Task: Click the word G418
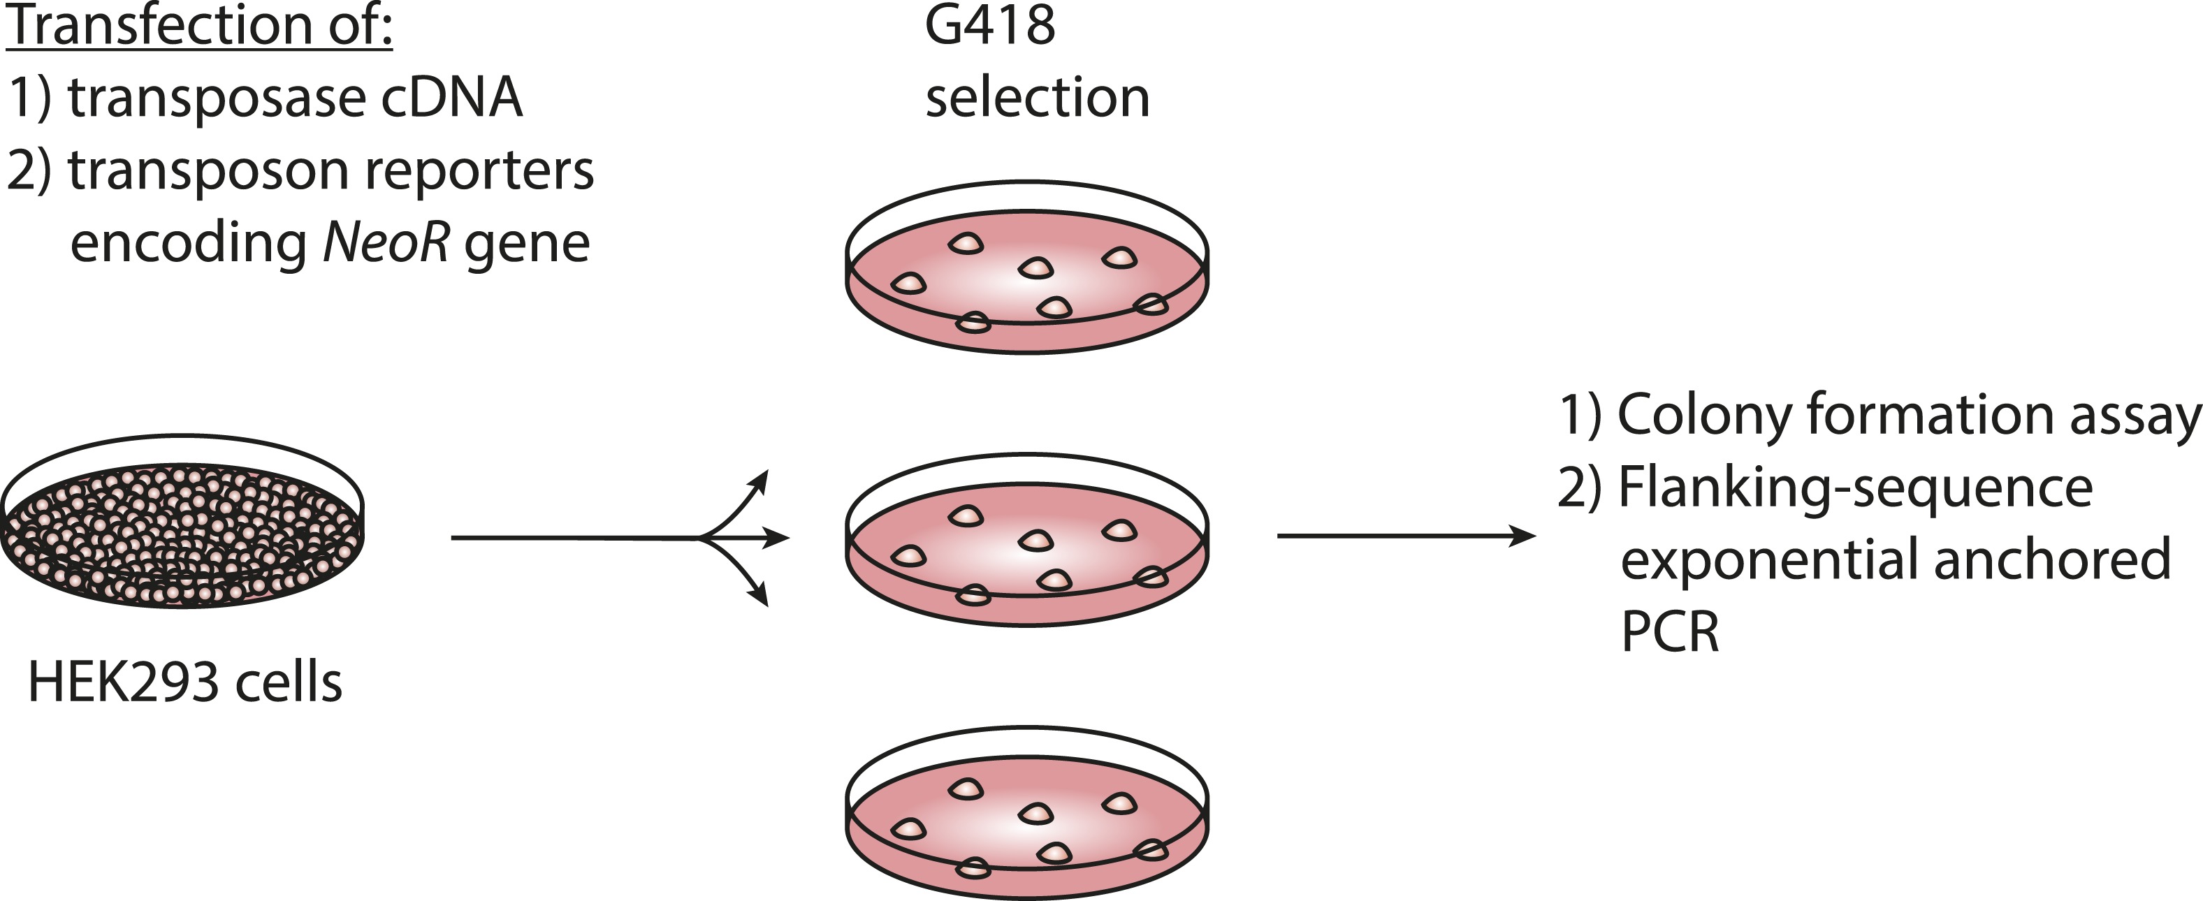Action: [x=989, y=26]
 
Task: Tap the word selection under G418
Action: [x=1038, y=98]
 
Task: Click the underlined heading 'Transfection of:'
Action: [x=199, y=26]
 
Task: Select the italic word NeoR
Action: [x=386, y=243]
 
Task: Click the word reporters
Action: [x=479, y=170]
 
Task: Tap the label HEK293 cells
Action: [x=184, y=682]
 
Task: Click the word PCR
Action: [x=1668, y=633]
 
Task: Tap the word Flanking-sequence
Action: [x=1856, y=488]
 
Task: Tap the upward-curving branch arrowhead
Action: [x=759, y=480]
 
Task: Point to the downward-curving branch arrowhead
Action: [x=759, y=596]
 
